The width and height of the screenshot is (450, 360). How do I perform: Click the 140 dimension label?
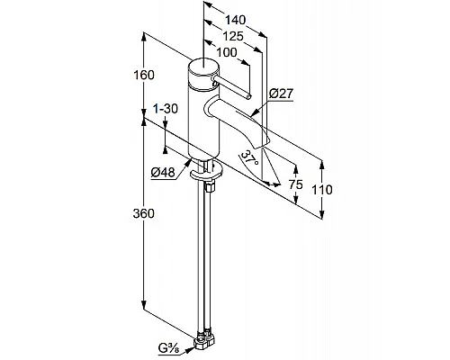235,20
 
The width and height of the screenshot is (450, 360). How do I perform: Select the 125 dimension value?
233,36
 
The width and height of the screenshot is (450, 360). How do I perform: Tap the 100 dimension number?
227,52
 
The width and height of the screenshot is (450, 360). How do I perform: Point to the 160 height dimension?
144,75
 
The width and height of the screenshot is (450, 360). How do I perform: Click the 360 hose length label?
144,213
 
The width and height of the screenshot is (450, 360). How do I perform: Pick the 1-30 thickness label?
166,108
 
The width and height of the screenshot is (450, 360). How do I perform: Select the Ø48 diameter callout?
163,172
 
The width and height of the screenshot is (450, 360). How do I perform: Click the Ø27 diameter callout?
281,94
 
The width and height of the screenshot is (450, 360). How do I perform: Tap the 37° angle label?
249,158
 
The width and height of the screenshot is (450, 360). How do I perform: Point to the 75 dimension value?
296,184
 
